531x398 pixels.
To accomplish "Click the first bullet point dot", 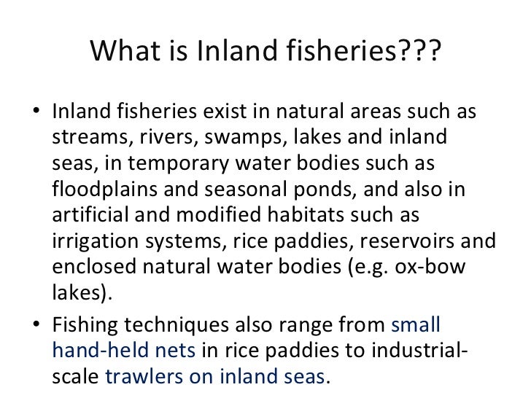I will click(x=38, y=115).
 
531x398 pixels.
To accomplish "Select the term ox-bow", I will click(x=443, y=266).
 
